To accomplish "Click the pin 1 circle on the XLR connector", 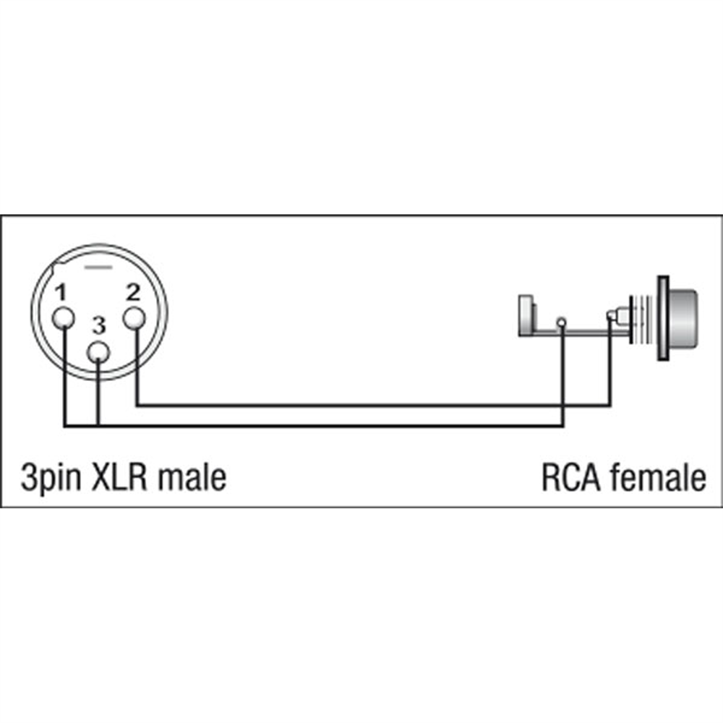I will (x=63, y=319).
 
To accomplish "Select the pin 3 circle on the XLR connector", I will (x=99, y=352).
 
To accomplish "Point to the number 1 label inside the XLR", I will (x=61, y=294).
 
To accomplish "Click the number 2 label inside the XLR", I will (x=132, y=292).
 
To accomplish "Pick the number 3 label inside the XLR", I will (x=100, y=326).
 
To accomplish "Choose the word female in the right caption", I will (x=659, y=479).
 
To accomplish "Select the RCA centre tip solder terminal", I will (x=611, y=316).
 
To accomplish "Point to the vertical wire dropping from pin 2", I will (x=137, y=369).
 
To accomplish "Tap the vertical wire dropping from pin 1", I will (x=65, y=376).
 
